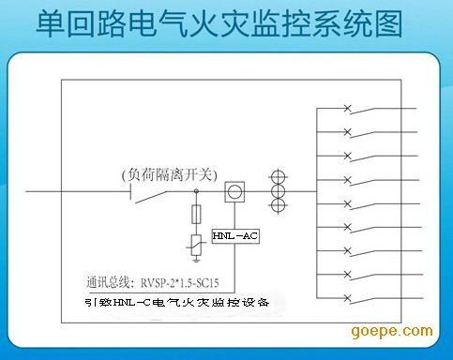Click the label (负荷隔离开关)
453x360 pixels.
[169, 174]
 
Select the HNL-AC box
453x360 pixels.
[234, 235]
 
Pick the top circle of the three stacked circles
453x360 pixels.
[279, 176]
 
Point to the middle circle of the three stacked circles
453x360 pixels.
[279, 192]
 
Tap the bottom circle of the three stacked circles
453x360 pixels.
[279, 207]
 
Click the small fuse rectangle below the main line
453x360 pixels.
[196, 214]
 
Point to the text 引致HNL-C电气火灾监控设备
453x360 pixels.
[174, 302]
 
